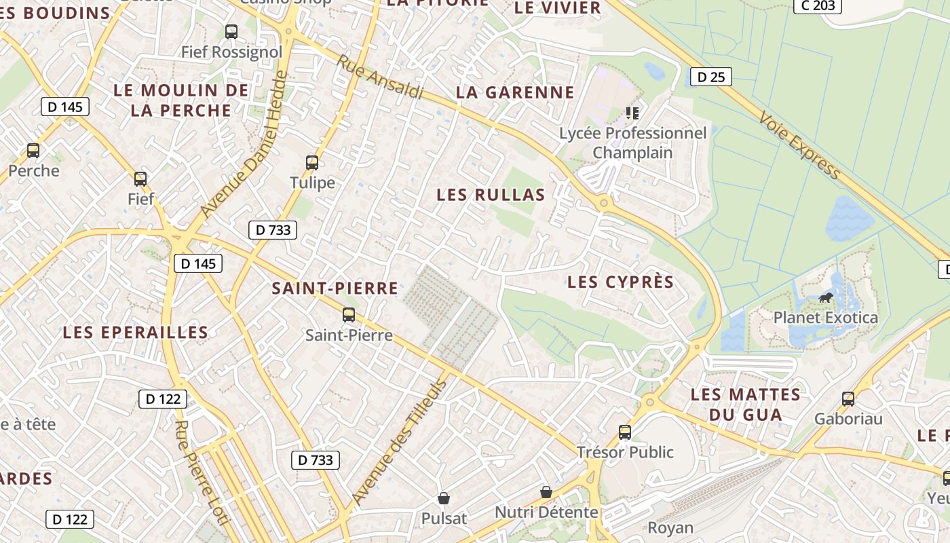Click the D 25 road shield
(x=711, y=77)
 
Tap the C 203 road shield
(x=818, y=5)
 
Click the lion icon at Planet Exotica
(x=826, y=297)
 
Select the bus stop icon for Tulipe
(x=312, y=163)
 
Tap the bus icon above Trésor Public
(x=625, y=432)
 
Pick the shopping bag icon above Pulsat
(x=444, y=499)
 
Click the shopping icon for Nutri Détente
(x=546, y=492)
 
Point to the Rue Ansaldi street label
(x=380, y=77)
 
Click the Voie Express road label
(x=800, y=145)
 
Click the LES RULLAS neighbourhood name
(x=491, y=195)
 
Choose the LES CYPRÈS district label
(x=620, y=282)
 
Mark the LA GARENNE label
(x=515, y=92)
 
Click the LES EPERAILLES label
(x=135, y=332)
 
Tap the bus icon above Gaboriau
(x=848, y=399)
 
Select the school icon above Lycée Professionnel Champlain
(x=632, y=113)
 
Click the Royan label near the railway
(x=670, y=527)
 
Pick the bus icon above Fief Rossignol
(x=231, y=31)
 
